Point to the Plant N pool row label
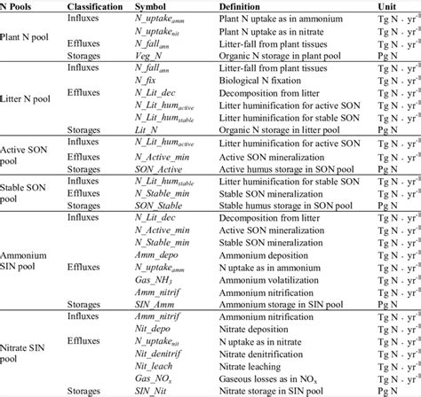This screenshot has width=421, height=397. (29, 35)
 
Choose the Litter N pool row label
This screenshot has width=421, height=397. (31, 107)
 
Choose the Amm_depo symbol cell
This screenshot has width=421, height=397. (153, 259)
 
